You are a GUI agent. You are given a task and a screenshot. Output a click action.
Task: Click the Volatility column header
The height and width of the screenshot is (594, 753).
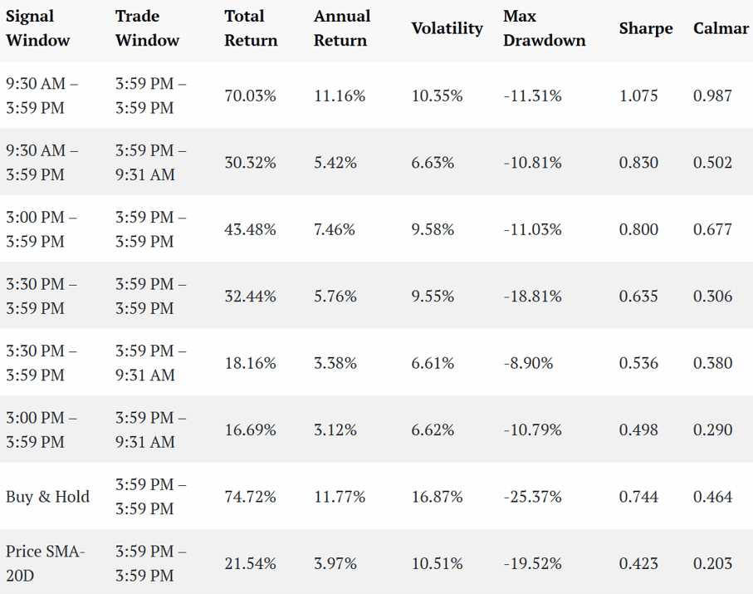tap(447, 28)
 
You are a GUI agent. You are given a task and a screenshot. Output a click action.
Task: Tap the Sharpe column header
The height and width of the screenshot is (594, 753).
tap(645, 29)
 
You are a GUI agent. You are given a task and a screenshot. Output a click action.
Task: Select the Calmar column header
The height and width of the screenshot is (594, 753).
tap(721, 28)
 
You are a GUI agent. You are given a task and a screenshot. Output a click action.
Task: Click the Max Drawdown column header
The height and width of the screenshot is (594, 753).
tap(544, 28)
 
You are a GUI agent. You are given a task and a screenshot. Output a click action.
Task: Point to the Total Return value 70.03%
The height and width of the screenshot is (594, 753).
tap(250, 96)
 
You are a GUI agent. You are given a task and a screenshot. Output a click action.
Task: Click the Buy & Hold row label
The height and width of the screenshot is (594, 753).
tap(47, 497)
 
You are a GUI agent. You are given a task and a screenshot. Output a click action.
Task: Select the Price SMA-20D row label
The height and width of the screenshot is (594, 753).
tap(45, 563)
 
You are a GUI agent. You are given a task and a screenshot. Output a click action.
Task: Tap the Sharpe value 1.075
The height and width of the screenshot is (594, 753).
tap(638, 96)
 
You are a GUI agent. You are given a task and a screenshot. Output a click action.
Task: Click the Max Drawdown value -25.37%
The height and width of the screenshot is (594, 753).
tap(532, 497)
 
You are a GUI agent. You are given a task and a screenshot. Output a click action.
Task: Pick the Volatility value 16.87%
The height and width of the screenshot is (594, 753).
tap(437, 497)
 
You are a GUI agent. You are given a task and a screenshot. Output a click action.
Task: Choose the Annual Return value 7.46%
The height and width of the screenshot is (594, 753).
tap(335, 229)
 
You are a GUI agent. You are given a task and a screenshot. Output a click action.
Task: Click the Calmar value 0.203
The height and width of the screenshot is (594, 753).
tap(712, 563)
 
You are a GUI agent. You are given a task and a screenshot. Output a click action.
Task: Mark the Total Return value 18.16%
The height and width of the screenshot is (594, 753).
tap(250, 363)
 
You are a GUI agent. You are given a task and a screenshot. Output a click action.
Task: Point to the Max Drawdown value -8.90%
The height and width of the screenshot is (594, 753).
tap(528, 363)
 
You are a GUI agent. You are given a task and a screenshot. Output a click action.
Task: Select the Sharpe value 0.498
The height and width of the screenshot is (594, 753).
tap(638, 430)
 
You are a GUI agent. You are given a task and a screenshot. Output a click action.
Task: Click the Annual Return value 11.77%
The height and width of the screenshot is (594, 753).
tap(340, 497)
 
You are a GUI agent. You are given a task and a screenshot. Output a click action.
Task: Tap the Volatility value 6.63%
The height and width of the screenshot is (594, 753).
tap(433, 163)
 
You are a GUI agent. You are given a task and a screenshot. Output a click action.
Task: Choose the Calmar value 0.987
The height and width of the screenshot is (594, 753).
tap(712, 96)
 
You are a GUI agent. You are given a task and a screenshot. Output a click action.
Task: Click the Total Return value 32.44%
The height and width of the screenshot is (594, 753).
tap(250, 296)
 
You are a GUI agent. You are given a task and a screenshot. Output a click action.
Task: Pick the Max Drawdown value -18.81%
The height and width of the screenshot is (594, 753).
tap(532, 296)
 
